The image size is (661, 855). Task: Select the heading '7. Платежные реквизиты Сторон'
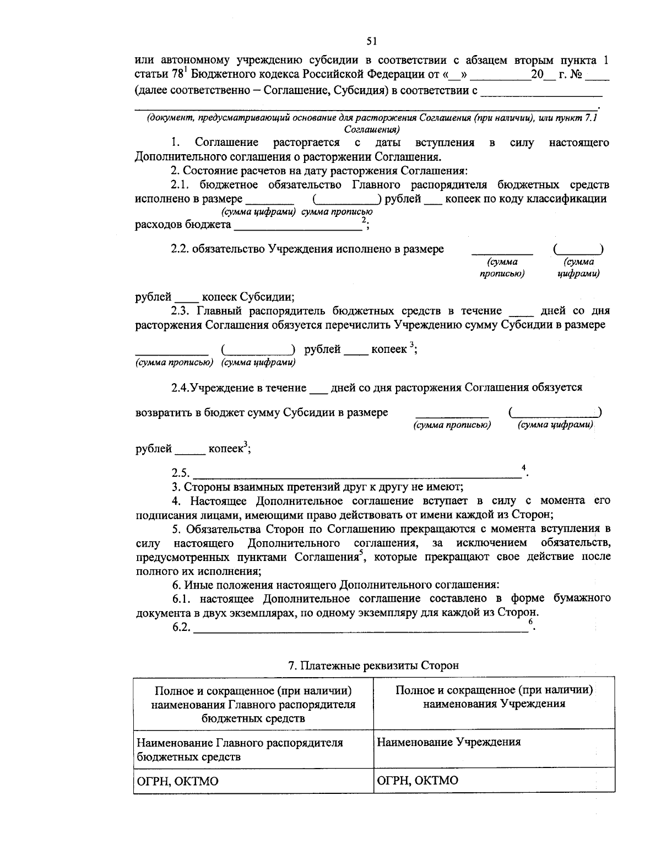click(373, 665)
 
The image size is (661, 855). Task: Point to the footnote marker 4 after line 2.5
click(523, 467)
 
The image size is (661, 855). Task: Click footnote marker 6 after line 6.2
click(530, 622)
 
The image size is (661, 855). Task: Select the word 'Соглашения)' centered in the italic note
click(372, 129)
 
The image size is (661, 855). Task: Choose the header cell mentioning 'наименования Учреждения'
click(494, 696)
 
